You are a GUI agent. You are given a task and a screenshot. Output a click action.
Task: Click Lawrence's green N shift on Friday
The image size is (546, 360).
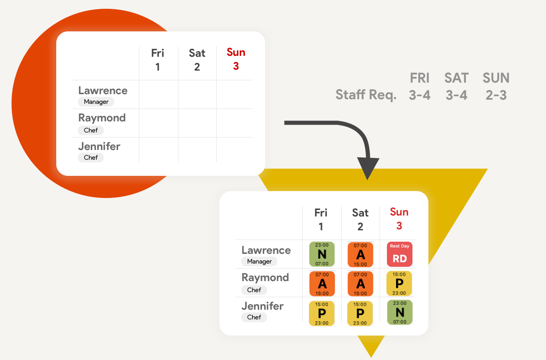tap(321, 254)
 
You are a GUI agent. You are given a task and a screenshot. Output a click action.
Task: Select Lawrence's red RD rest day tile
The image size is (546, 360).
tap(399, 254)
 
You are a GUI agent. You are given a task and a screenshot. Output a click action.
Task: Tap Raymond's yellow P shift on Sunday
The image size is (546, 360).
tap(399, 283)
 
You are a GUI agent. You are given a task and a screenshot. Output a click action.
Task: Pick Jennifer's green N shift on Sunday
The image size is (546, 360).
tap(399, 312)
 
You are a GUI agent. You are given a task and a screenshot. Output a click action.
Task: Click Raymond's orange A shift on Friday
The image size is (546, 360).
tap(321, 283)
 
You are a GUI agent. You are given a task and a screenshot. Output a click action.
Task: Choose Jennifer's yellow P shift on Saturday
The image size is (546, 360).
tap(360, 313)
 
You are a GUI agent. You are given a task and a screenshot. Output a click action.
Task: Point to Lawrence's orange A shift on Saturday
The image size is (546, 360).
tap(360, 255)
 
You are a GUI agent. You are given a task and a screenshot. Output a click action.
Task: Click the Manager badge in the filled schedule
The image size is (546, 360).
tap(259, 262)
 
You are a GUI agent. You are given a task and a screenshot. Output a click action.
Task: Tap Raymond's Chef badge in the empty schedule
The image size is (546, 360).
tap(91, 130)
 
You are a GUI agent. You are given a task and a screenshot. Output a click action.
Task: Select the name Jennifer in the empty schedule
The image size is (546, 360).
tap(99, 146)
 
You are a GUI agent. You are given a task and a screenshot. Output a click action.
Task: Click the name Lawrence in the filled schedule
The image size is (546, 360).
tap(266, 250)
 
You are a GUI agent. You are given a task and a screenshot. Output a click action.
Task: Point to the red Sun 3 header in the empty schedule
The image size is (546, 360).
tap(236, 59)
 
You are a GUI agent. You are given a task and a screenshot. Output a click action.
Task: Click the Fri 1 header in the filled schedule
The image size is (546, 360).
tap(321, 219)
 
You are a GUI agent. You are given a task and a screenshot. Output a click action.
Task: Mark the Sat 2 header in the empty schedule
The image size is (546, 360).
tap(197, 60)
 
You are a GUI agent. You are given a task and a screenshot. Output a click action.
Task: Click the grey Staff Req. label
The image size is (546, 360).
tap(366, 95)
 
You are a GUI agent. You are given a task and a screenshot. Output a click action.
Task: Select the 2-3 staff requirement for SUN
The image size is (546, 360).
tap(496, 95)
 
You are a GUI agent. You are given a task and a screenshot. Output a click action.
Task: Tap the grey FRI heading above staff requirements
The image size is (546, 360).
tap(420, 78)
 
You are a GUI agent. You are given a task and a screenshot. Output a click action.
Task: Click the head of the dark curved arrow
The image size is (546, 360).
tap(368, 168)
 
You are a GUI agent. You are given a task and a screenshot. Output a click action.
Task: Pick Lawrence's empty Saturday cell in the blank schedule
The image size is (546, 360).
tap(197, 95)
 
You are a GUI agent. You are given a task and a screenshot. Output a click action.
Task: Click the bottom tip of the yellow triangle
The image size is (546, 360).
tap(371, 355)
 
